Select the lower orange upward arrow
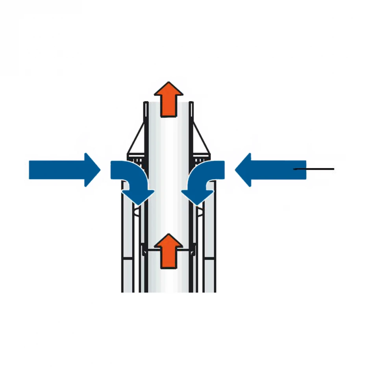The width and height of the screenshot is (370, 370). click(168, 252)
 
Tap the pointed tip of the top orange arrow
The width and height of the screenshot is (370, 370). click(168, 83)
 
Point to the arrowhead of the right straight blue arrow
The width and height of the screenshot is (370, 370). click(242, 170)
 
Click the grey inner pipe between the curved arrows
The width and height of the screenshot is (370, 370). click(168, 177)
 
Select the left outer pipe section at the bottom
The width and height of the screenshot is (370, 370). click(128, 276)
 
